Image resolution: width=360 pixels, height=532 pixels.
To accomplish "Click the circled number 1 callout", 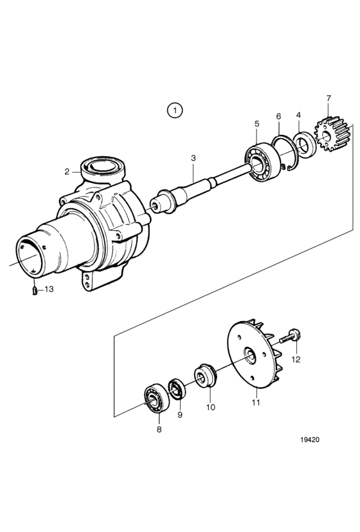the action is click(175, 111).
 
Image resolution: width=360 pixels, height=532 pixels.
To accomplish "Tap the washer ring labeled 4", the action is click(305, 145).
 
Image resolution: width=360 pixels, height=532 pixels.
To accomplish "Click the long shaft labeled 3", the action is click(201, 190).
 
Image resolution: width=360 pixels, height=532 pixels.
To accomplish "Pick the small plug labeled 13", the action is click(35, 290).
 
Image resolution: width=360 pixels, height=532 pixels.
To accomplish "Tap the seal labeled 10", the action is click(205, 375).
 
